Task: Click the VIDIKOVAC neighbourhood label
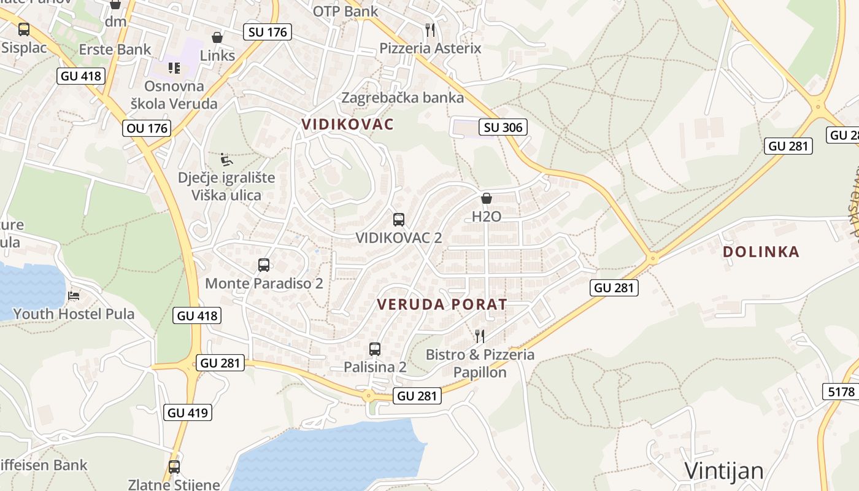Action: coord(347,124)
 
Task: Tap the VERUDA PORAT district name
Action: coord(442,304)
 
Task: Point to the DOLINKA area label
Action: coord(761,252)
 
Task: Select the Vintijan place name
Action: coord(724,471)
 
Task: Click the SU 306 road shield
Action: coord(503,127)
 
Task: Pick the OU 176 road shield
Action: coord(147,128)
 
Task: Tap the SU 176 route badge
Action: coord(267,32)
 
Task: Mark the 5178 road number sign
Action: coord(840,392)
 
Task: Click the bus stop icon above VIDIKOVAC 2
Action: coord(398,219)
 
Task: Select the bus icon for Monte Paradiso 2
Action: coord(263,265)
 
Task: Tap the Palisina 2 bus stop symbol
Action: coord(375,349)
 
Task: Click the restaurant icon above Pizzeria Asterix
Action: coord(430,29)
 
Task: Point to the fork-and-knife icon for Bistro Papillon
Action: coord(480,336)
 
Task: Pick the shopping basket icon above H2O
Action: coord(487,198)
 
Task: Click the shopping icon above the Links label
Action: coord(217,37)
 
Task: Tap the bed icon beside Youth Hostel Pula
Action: coord(74,296)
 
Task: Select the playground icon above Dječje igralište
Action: coord(226,160)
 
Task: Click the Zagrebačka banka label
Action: coord(403,98)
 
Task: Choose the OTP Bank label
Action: coord(345,11)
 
